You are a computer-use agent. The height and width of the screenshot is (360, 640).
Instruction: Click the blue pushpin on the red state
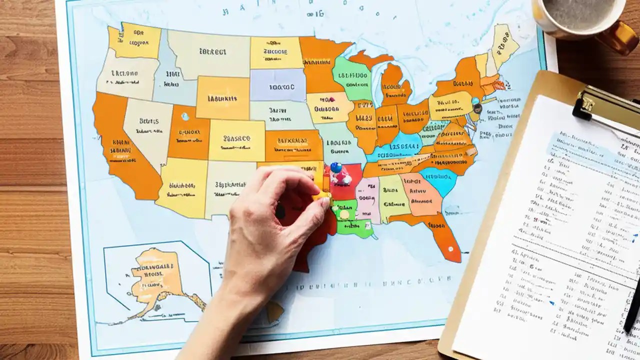pyautogui.click(x=336, y=167)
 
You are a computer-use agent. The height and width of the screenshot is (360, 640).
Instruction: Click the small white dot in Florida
pyautogui.click(x=450, y=248)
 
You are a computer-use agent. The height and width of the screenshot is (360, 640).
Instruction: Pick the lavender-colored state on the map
pyautogui.click(x=278, y=85)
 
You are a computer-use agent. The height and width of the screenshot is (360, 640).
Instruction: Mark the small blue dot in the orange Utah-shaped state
pyautogui.click(x=185, y=116)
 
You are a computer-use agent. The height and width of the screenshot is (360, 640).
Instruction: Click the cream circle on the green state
pyautogui.click(x=344, y=214)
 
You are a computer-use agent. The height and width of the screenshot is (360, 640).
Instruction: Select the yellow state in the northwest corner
pyautogui.click(x=135, y=40)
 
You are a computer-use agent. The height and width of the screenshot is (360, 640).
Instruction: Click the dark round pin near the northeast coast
pyautogui.click(x=477, y=107)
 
